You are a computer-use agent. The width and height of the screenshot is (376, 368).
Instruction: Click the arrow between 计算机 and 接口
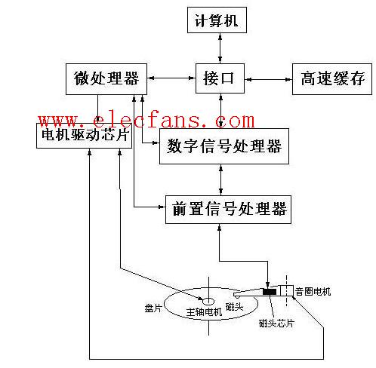(220, 48)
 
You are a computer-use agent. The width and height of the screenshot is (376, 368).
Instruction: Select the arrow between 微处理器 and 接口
(171, 78)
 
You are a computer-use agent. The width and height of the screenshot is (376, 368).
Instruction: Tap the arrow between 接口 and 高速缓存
(268, 79)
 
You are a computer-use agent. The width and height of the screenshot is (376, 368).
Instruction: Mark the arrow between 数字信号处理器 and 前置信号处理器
(220, 179)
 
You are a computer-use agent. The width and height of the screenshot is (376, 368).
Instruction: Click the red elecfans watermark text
(146, 121)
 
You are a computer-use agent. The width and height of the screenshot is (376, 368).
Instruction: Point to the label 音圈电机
(313, 292)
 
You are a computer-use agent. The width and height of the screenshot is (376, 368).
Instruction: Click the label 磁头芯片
(276, 323)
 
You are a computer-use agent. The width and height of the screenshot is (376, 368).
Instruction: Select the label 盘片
(153, 308)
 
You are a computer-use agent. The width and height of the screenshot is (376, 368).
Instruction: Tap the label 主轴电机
(204, 312)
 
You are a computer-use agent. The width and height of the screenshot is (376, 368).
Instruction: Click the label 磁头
(234, 306)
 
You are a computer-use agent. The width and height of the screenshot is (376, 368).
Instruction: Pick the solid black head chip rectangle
(270, 292)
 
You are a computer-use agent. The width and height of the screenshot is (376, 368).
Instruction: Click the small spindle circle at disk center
(208, 301)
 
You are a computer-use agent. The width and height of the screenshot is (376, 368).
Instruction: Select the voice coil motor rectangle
(287, 290)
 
